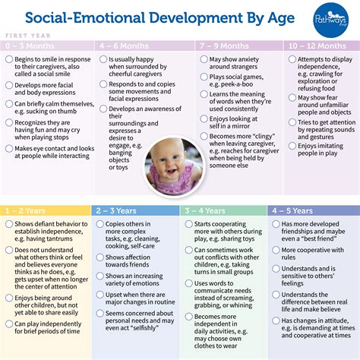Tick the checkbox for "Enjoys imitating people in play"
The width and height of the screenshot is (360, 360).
[x=290, y=146]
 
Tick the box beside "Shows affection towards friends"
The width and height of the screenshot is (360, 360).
[x=99, y=257]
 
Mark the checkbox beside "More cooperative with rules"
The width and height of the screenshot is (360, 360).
[x=276, y=249]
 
